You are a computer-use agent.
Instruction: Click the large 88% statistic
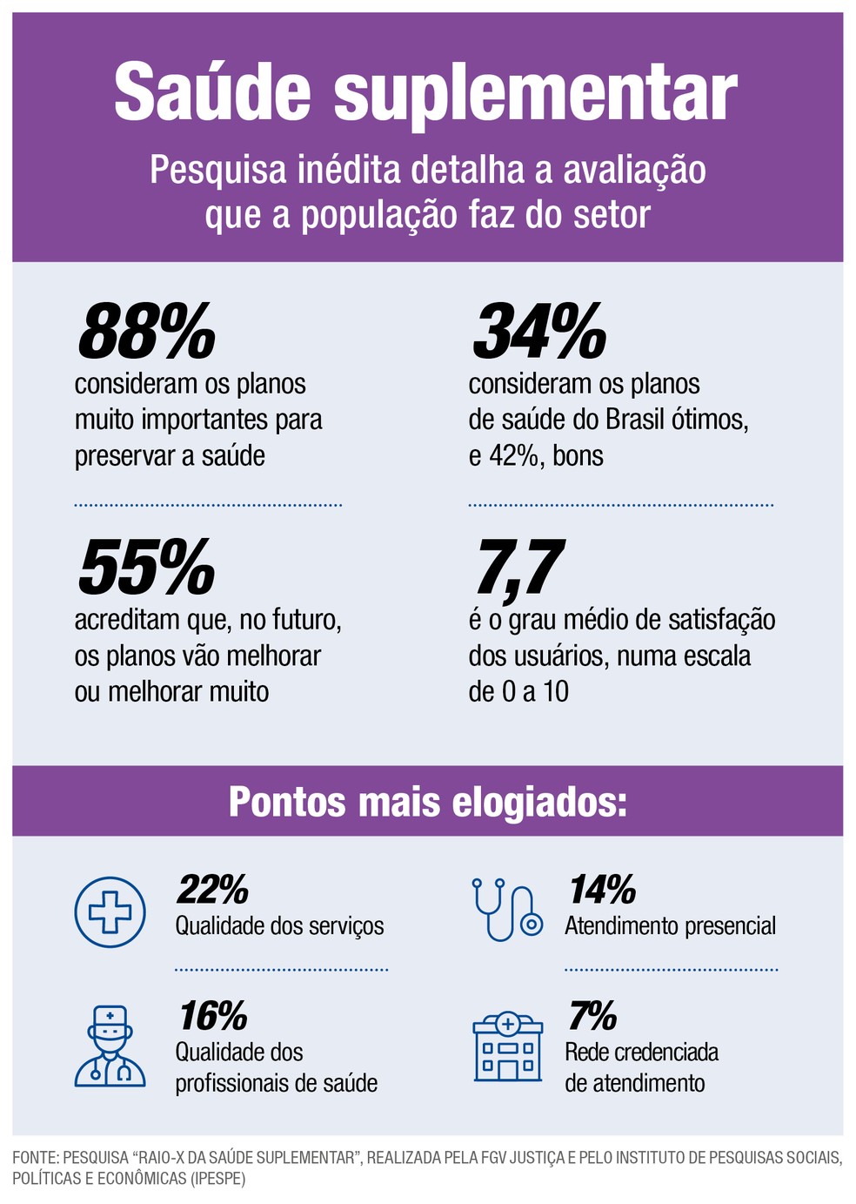[x=146, y=331]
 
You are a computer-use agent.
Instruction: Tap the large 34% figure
[x=539, y=331]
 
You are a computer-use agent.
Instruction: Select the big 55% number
[x=146, y=568]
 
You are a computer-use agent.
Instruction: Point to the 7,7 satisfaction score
[x=519, y=568]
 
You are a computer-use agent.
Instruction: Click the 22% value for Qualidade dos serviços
[x=212, y=890]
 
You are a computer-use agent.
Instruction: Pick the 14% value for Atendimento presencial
[x=602, y=890]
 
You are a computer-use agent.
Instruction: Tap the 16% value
[x=213, y=1016]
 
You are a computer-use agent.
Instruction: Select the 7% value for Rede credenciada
[x=592, y=1016]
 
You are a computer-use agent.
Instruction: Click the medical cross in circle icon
[x=110, y=912]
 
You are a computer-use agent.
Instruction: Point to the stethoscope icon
[x=507, y=910]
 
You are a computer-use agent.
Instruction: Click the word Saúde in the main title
[x=212, y=92]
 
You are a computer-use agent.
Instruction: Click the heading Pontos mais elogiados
[x=427, y=802]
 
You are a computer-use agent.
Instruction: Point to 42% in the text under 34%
[x=513, y=455]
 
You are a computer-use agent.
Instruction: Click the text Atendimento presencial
[x=670, y=925]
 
